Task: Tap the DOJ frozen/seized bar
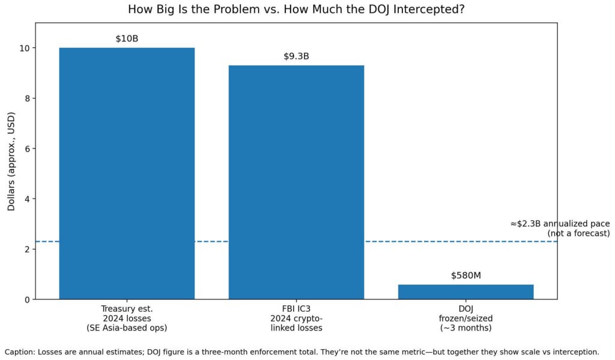pos(465,291)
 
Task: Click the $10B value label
pos(127,39)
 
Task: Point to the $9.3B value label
pos(296,56)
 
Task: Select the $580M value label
pos(465,276)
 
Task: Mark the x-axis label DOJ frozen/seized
pos(465,319)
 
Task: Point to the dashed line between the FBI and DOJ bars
pos(381,242)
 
